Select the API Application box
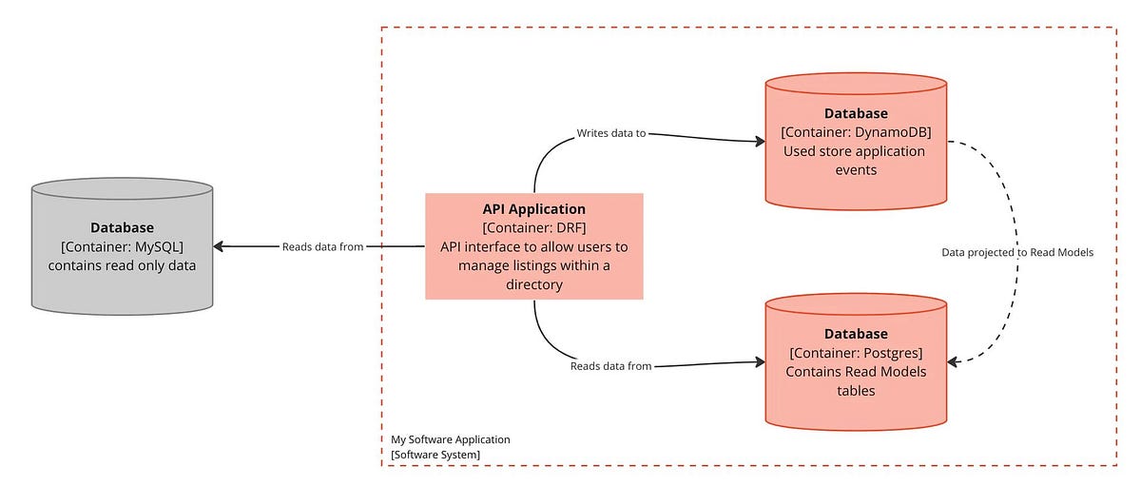coord(533,246)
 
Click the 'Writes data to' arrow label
coord(610,133)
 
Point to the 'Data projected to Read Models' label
coord(1017,253)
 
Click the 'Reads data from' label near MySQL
coord(322,247)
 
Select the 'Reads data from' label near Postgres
coord(610,366)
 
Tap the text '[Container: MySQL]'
coord(122,247)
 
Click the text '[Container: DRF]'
coord(533,228)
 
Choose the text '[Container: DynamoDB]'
coord(856,132)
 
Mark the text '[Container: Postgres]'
coord(856,353)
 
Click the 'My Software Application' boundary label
coord(451,439)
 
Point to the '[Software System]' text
coord(435,456)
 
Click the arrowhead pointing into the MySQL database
coord(219,246)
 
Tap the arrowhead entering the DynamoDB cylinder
coord(760,142)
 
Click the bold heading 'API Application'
coord(533,209)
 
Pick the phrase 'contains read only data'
coord(122,265)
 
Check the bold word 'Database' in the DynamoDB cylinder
coord(856,114)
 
